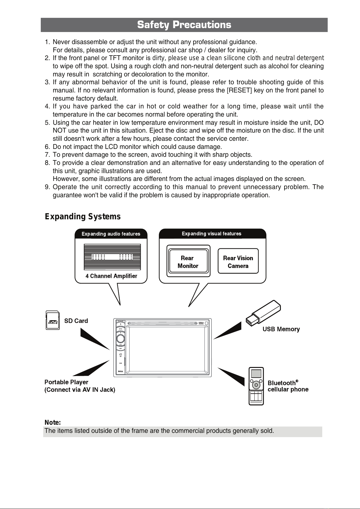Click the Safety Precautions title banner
pos(184,25)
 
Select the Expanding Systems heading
pos(83,217)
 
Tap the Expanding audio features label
pos(111,234)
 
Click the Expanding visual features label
pos(211,234)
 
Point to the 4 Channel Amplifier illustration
pos(112,257)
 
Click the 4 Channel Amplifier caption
pos(111,276)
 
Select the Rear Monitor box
pos(188,261)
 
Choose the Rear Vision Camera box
pos(238,261)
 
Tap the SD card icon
pos(53,320)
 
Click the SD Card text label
pos(76,321)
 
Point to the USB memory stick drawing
pos(263,313)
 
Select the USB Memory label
pos(281,329)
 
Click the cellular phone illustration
pos(256,386)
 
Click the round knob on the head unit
pos(121,339)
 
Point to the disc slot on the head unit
pos(162,323)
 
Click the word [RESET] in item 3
pos(239,90)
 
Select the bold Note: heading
pos(53,422)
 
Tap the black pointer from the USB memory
pos(227,330)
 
